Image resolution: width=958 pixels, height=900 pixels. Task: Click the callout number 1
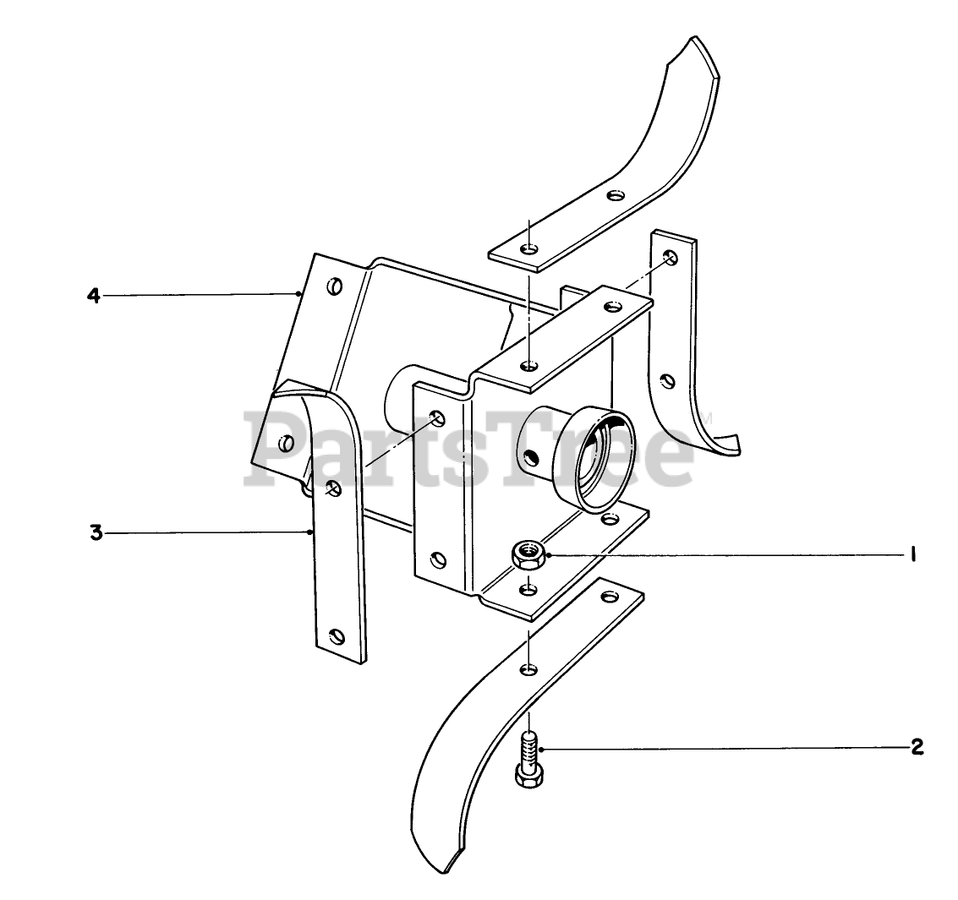point(913,555)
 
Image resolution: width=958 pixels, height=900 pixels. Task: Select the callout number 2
point(917,747)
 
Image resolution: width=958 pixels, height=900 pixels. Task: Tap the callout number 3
point(96,533)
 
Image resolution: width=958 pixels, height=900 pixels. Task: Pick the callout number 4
point(94,296)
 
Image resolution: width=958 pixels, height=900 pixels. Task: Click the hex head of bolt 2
point(528,775)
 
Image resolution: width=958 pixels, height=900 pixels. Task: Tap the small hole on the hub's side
point(531,457)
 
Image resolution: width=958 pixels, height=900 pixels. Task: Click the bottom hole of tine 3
point(337,635)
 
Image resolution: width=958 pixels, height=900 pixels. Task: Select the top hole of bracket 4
point(336,286)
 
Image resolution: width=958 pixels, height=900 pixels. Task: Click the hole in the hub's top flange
point(528,366)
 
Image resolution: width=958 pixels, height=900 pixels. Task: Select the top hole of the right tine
point(670,258)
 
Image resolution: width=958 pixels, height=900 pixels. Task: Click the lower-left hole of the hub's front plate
point(437,559)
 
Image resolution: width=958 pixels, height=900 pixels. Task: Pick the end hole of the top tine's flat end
point(528,248)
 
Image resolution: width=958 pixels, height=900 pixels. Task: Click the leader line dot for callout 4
point(300,295)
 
